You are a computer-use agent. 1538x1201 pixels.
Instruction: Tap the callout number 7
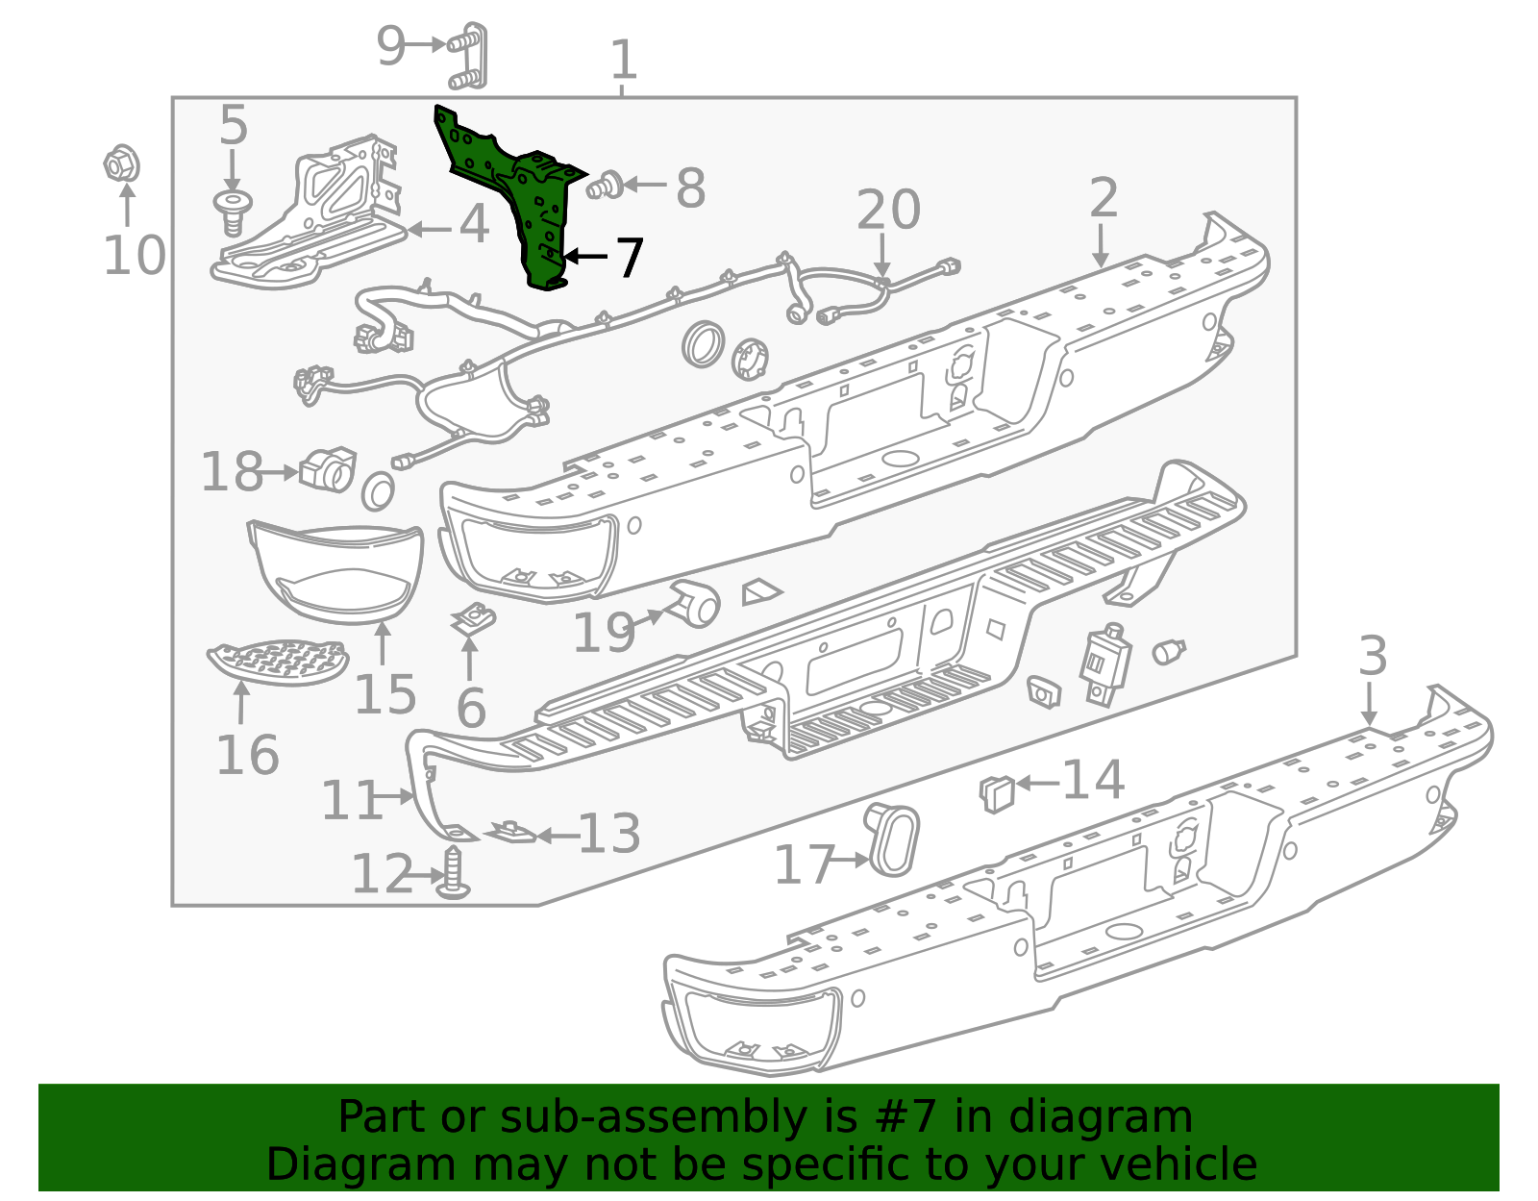pos(629,258)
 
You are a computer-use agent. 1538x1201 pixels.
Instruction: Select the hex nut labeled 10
pos(121,164)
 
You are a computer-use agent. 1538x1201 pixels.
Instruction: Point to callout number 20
pos(887,210)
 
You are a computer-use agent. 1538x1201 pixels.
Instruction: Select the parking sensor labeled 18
pos(327,468)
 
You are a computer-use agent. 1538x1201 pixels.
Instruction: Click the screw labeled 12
pos(455,873)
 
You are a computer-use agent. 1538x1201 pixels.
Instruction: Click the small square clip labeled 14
pos(998,792)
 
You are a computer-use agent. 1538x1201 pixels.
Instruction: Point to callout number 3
pos(1373,657)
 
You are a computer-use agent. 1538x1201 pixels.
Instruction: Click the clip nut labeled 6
pos(472,618)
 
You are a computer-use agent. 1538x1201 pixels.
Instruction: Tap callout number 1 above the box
pos(624,60)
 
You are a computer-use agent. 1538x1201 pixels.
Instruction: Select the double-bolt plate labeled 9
pos(468,56)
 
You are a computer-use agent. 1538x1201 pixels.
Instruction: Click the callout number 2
pos(1103,198)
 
